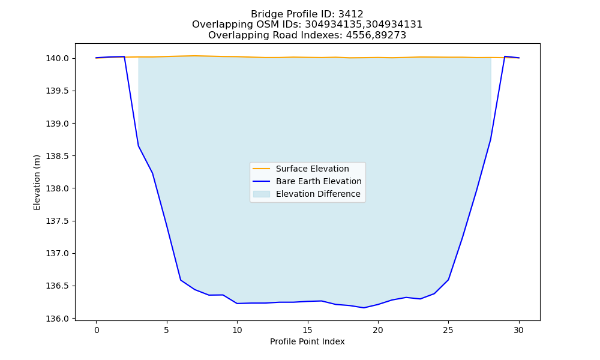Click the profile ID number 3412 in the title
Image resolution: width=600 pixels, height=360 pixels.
coord(351,14)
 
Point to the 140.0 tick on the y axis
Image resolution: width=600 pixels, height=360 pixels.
coord(58,59)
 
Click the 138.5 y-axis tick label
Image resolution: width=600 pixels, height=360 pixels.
coord(58,156)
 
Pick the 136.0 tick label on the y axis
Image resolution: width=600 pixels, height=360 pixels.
coord(58,319)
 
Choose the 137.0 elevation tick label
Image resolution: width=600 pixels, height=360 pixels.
coord(58,254)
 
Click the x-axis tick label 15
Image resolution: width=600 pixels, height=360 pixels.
coord(308,330)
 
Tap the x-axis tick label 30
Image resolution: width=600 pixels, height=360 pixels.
coord(518,330)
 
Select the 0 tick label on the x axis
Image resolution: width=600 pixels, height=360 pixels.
coord(97,330)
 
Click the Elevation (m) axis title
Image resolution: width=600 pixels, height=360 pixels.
coord(37,182)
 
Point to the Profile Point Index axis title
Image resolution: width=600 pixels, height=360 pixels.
coord(307,341)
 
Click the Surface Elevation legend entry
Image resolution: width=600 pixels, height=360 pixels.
coord(312,169)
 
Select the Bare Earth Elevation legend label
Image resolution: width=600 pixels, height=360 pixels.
coord(319,181)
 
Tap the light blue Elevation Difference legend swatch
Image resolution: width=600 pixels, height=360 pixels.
coord(262,194)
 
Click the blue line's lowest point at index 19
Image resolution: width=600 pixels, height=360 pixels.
coord(364,308)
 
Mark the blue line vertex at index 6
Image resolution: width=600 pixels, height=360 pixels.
coord(181,280)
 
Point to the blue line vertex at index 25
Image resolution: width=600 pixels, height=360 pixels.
coord(448,280)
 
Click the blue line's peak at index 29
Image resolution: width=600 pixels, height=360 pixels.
coord(505,56)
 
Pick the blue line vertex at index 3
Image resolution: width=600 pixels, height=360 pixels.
coord(139,146)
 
